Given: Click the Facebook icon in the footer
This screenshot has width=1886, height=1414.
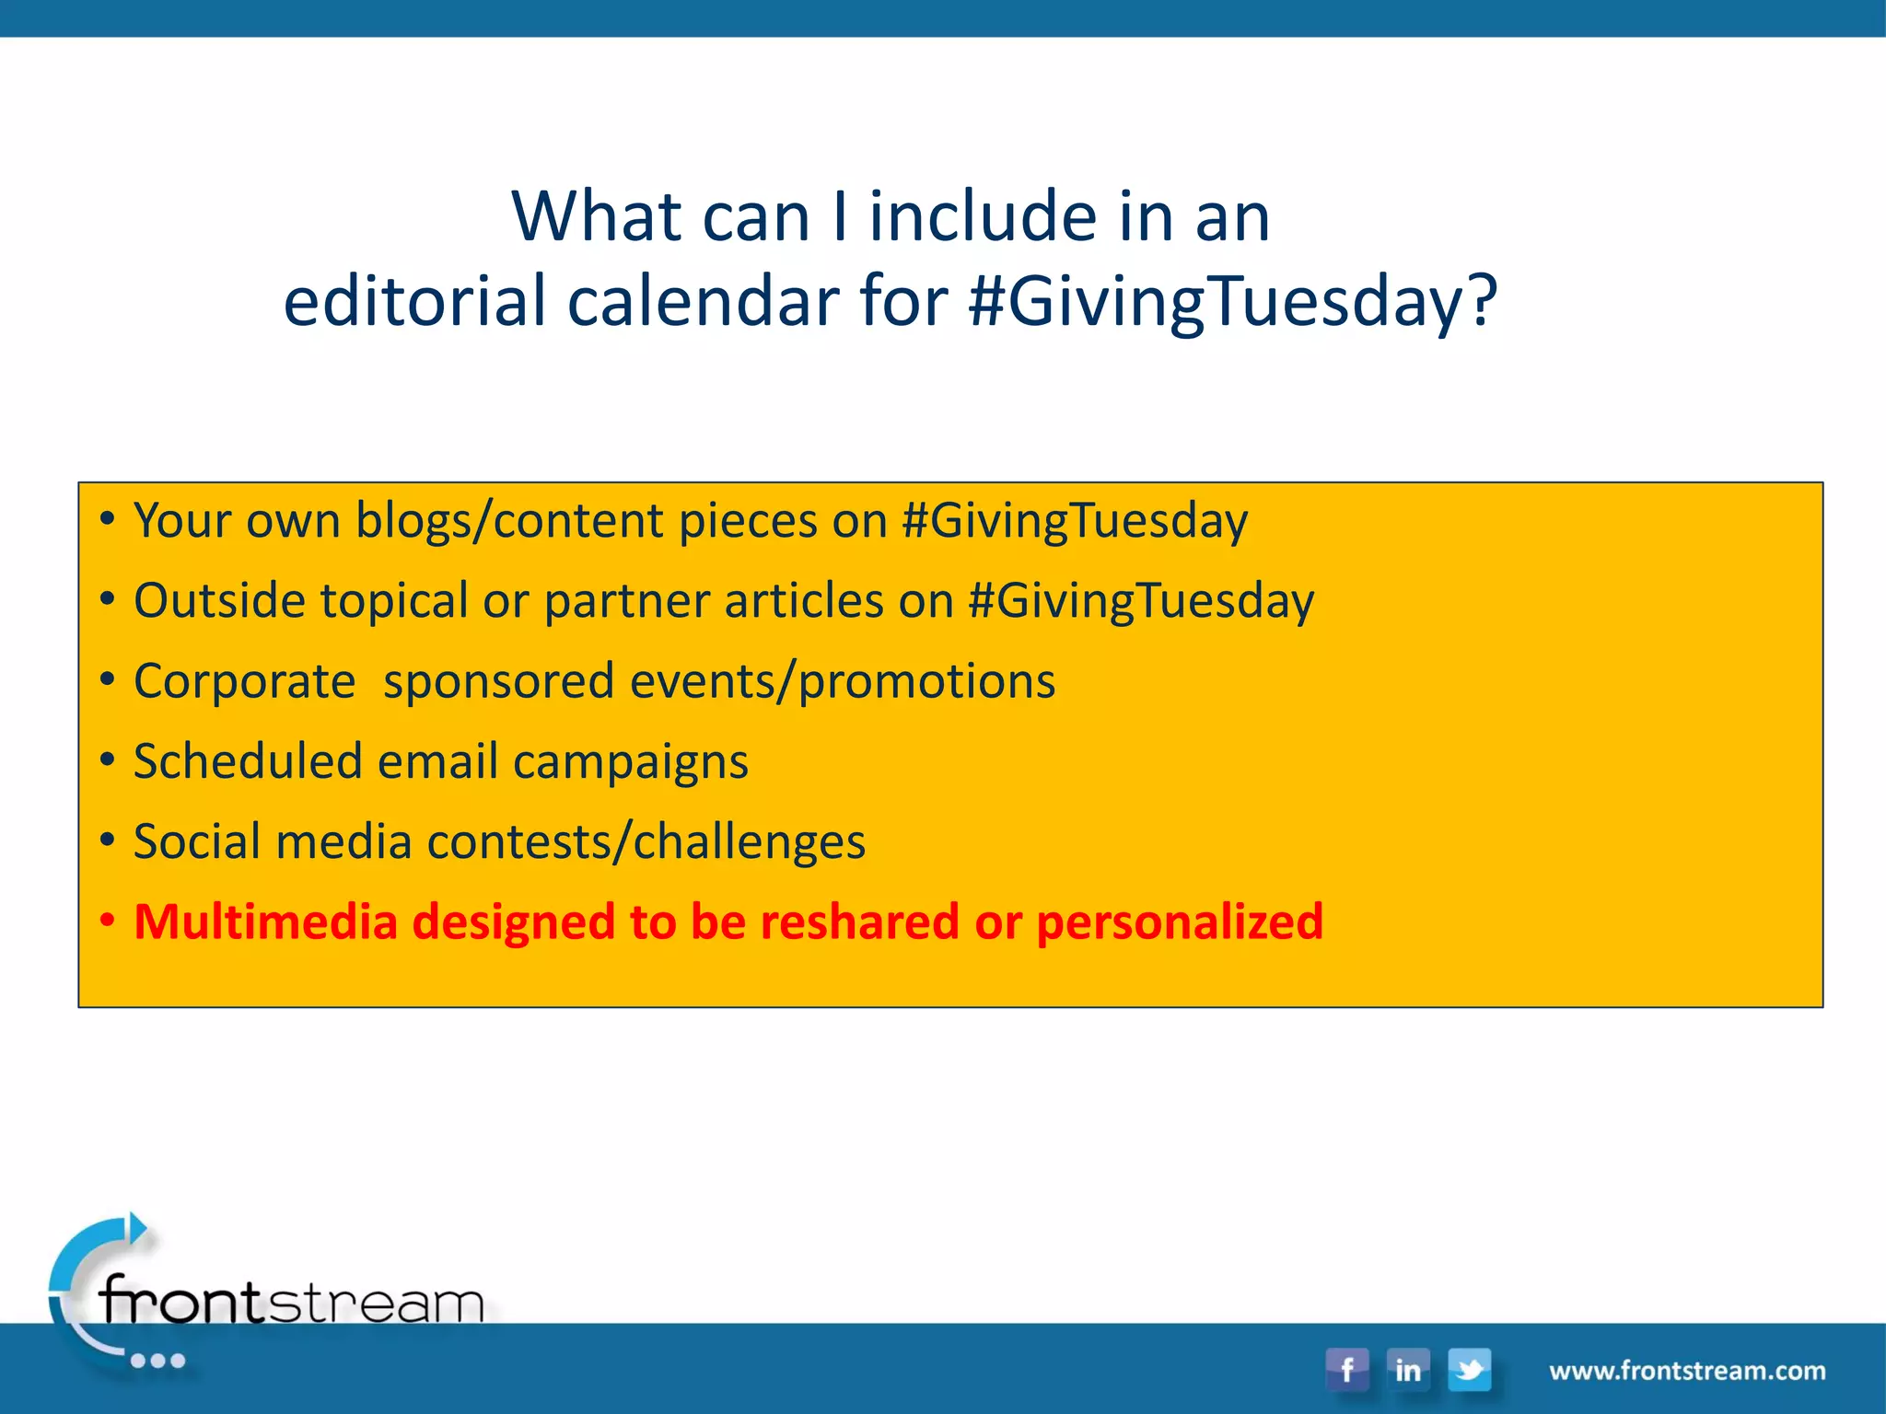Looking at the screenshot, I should (x=1347, y=1369).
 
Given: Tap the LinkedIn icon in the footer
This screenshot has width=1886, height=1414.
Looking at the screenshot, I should (x=1408, y=1369).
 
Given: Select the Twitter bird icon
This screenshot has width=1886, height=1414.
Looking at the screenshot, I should (x=1470, y=1369).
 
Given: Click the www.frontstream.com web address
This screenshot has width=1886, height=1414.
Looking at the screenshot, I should (x=1687, y=1371).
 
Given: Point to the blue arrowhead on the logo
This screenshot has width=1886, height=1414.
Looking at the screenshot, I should (x=138, y=1228).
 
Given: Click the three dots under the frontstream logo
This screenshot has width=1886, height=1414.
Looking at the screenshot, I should (x=158, y=1361).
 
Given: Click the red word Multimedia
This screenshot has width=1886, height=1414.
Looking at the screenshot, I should (x=265, y=921).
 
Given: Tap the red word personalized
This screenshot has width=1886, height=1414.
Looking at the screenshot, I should (x=1180, y=921).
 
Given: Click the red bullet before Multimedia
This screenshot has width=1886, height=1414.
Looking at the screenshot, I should (x=108, y=921).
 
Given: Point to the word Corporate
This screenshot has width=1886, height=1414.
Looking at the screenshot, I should (x=244, y=681).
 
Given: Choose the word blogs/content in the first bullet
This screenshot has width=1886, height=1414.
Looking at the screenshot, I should (x=509, y=521).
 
